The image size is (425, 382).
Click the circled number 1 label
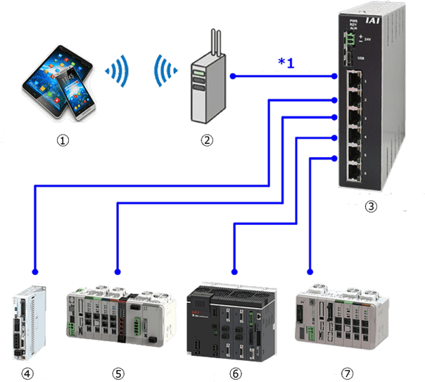click(x=63, y=140)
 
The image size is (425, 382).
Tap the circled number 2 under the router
click(x=206, y=140)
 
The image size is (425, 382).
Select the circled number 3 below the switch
click(x=372, y=207)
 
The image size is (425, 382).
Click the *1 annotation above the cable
click(x=286, y=63)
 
